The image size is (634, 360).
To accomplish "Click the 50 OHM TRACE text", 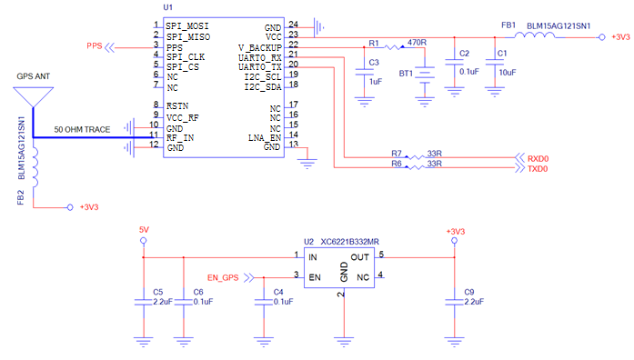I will click(82, 130).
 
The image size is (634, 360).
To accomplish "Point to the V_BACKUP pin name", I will click(260, 46).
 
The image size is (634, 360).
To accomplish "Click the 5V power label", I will click(143, 229).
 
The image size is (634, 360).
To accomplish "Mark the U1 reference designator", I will click(167, 6).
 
